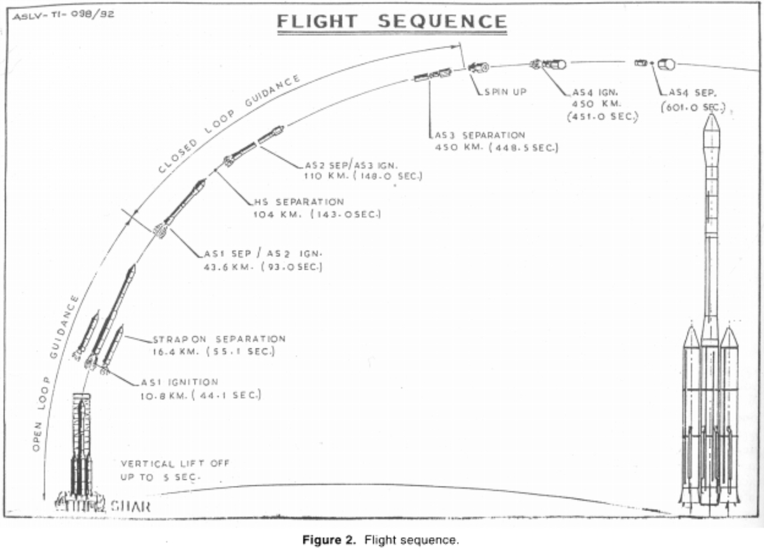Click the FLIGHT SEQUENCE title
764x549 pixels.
coord(392,20)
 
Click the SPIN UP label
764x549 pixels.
coord(506,92)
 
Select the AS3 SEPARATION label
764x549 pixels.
coord(480,136)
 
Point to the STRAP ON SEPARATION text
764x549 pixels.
coord(219,340)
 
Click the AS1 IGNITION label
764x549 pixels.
coord(184,382)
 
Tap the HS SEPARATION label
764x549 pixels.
coord(299,202)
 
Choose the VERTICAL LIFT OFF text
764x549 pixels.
coord(174,464)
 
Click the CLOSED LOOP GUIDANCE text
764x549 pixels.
coord(230,123)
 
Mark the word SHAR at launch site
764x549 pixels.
coord(130,506)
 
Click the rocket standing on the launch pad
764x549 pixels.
coord(81,445)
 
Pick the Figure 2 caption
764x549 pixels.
coord(380,540)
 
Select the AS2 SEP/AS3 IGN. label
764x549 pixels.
coord(351,165)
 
